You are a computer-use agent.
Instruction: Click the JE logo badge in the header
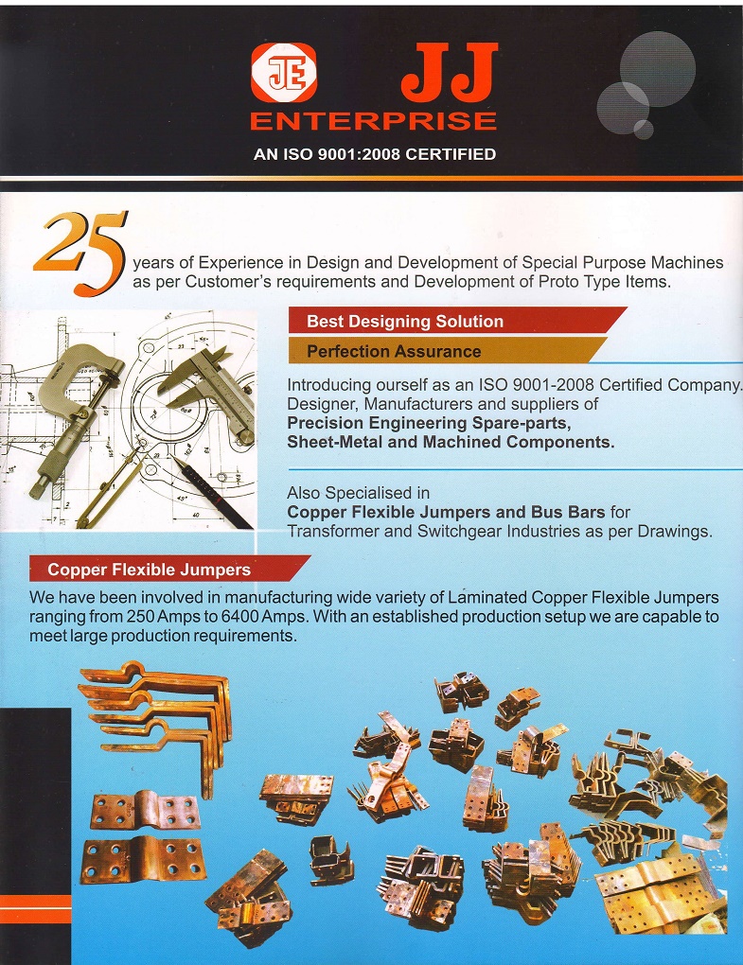click(x=283, y=73)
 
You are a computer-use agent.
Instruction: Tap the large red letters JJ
click(x=448, y=76)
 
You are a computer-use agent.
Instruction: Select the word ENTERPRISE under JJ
click(x=373, y=121)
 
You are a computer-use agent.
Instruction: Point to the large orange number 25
click(x=81, y=248)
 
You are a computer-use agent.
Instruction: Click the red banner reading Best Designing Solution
click(x=405, y=322)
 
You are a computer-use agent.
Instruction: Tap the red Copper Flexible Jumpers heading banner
click(x=150, y=570)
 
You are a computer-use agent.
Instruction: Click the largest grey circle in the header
click(x=657, y=68)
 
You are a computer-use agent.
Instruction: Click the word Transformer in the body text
click(x=334, y=532)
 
